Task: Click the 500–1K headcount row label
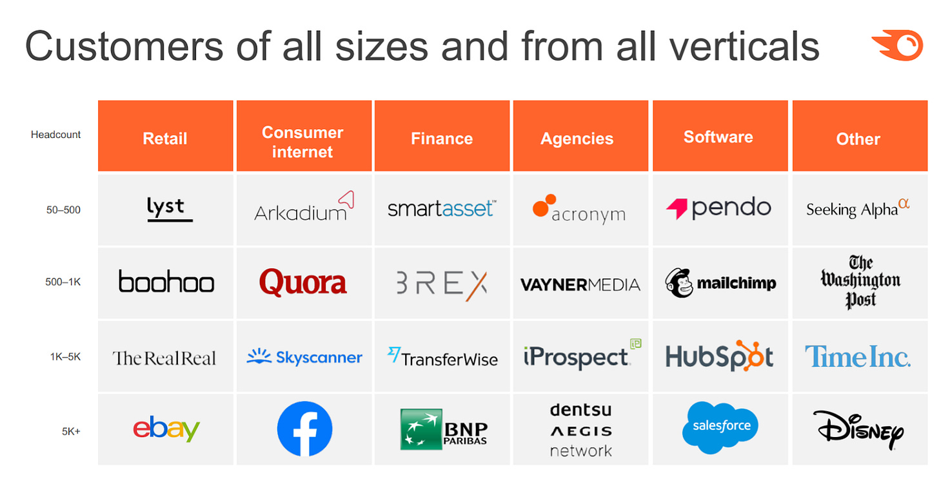63,282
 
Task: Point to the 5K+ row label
71,431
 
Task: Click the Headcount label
55,135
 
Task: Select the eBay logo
166,429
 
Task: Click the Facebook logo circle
305,429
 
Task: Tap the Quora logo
303,282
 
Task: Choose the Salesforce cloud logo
720,427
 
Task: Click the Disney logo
858,430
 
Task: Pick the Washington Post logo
860,282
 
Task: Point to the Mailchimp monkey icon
678,283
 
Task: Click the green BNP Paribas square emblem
421,429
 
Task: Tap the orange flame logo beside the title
898,45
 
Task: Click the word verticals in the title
744,46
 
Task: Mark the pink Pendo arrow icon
677,209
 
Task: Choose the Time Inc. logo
858,356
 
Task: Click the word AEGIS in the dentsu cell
581,431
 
